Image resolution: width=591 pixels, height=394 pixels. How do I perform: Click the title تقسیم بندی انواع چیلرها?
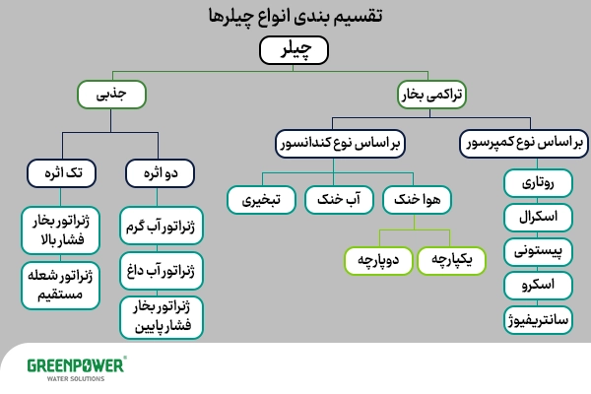[x=295, y=17]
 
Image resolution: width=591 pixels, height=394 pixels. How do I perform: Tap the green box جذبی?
[x=113, y=95]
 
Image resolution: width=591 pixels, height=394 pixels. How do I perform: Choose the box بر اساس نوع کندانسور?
[x=338, y=144]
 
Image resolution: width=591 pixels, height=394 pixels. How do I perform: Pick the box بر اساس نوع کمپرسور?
[x=521, y=144]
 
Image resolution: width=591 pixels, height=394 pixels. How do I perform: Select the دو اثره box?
[x=161, y=174]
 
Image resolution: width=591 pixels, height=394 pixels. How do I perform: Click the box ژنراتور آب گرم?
[x=161, y=228]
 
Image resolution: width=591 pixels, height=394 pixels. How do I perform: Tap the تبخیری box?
[x=264, y=199]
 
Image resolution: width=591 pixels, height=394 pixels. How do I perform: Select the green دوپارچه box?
[x=378, y=259]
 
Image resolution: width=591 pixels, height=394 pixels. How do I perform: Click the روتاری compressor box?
[x=537, y=183]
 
